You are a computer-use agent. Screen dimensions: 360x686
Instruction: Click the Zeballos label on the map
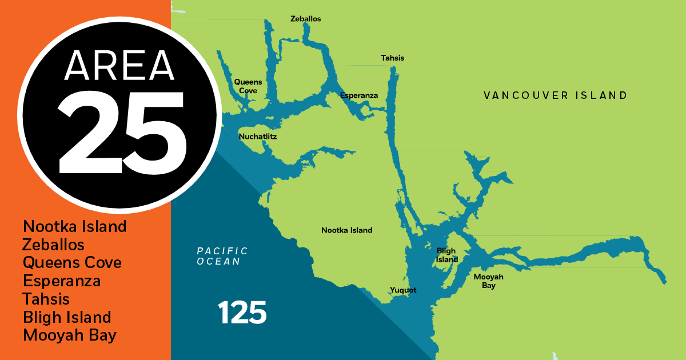point(305,19)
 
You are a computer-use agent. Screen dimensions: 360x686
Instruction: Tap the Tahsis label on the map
point(392,58)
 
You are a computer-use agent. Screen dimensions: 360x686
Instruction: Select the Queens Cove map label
point(248,86)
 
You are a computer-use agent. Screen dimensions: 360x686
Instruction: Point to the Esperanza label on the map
point(359,95)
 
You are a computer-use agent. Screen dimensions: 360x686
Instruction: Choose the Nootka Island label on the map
point(346,230)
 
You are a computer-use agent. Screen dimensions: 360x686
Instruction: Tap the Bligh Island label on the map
point(447,255)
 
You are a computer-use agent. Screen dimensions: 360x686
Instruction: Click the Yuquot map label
point(403,290)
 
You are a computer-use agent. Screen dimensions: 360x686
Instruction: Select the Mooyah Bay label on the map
point(488,281)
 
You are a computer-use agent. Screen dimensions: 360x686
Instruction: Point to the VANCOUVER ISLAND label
point(555,95)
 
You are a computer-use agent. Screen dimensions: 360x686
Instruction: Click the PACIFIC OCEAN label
point(222,256)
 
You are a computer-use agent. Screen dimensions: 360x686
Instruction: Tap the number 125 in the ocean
point(242,313)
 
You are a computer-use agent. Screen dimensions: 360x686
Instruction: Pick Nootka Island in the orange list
point(74,226)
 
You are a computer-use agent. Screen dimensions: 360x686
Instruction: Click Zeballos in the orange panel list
point(53,245)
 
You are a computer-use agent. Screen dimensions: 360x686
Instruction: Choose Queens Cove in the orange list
point(72,263)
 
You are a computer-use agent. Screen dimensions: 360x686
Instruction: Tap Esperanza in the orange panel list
point(62,281)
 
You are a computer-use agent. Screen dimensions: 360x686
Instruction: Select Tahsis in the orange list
point(46,299)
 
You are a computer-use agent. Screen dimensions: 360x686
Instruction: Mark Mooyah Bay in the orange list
point(70,335)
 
